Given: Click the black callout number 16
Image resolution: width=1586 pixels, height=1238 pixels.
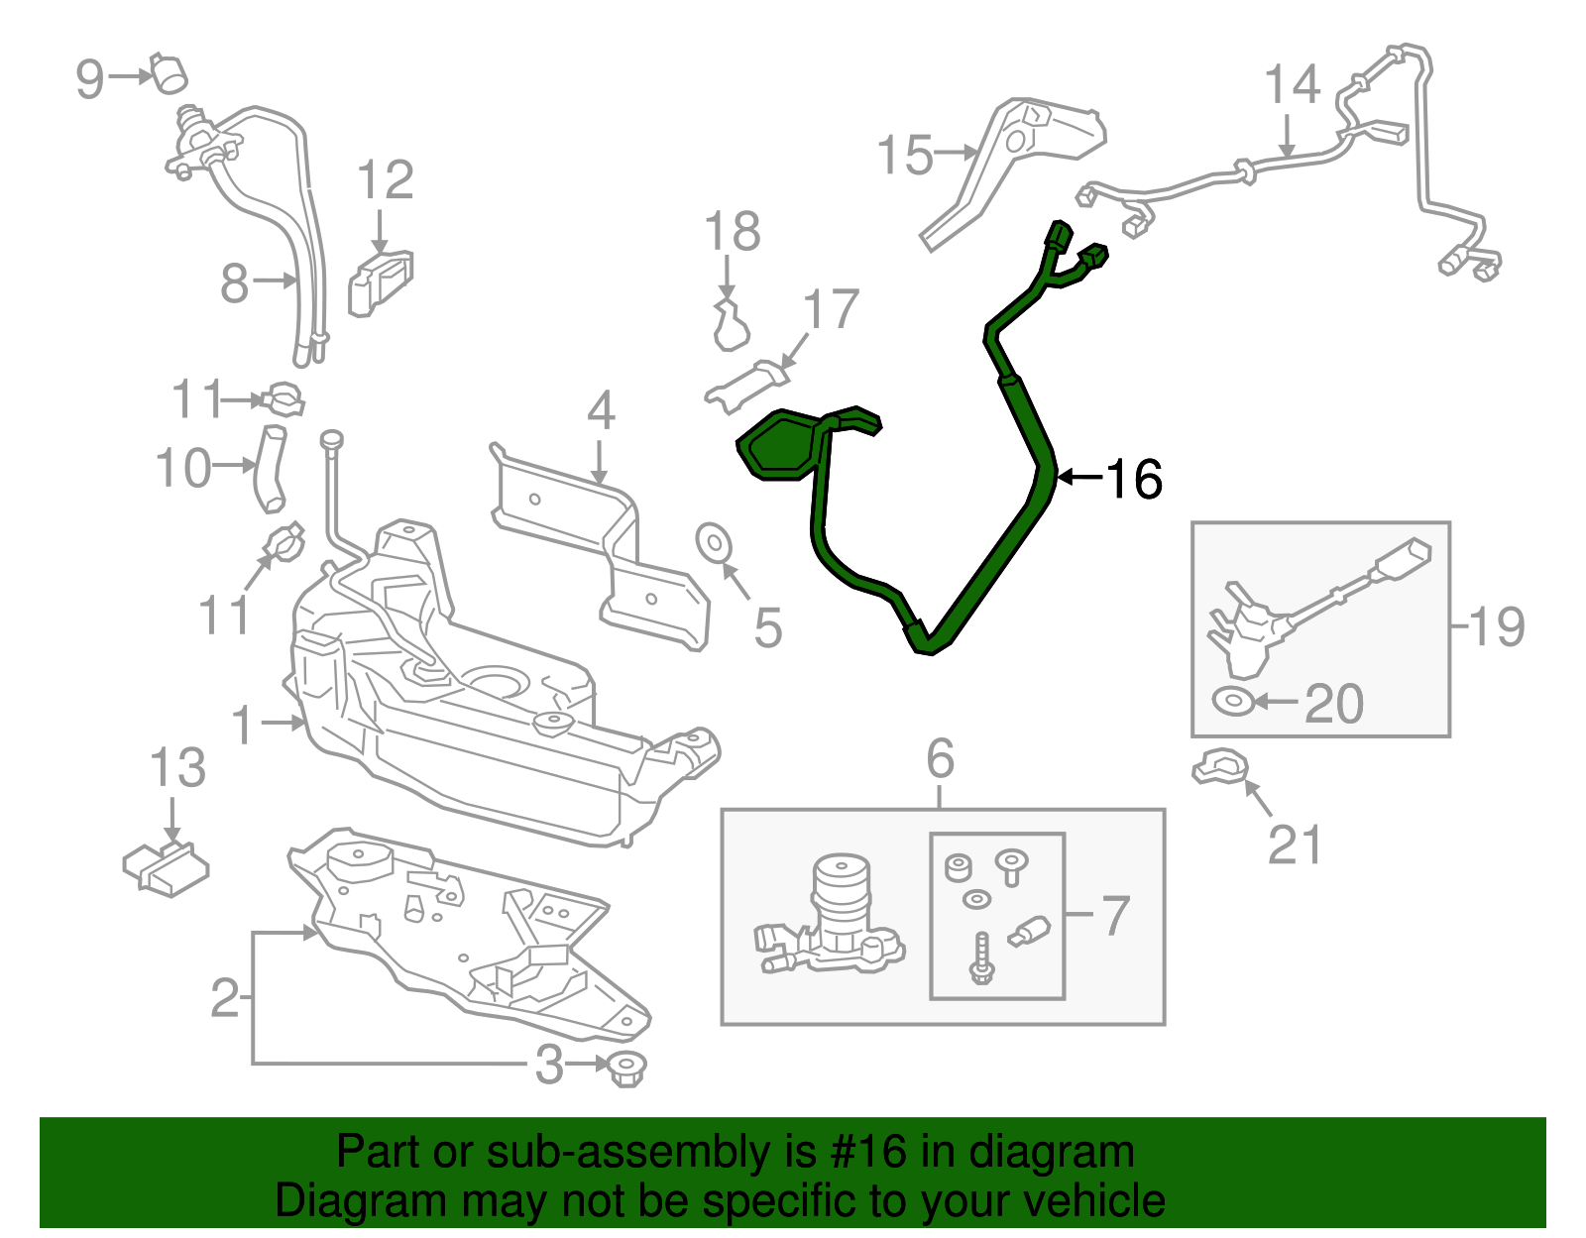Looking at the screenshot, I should [1134, 479].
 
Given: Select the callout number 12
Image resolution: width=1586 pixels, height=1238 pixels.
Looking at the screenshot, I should [385, 180].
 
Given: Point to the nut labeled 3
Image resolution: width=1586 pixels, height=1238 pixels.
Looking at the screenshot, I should [625, 1069].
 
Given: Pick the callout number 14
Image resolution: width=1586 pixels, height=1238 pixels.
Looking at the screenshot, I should [1293, 85].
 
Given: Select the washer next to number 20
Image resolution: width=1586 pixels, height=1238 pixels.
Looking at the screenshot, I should [1232, 701].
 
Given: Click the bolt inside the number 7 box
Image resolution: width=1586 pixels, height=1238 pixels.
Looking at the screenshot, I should [981, 958].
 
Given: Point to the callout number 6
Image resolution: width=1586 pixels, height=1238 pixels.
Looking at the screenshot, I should [940, 759].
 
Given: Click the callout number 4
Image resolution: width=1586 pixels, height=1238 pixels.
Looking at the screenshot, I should [601, 411].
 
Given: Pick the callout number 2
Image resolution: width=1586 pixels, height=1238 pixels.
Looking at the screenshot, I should [225, 997].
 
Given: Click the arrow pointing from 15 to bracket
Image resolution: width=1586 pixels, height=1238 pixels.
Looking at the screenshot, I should [958, 153].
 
